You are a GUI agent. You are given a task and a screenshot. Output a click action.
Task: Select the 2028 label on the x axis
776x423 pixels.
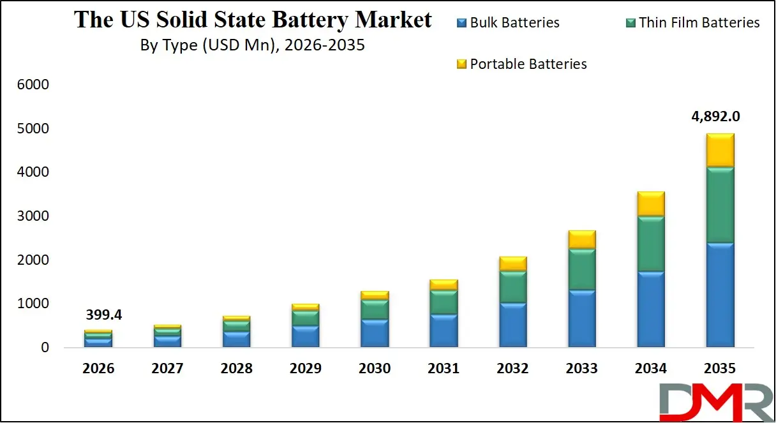(x=236, y=369)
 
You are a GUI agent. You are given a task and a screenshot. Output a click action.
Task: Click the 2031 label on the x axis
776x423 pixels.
(x=444, y=369)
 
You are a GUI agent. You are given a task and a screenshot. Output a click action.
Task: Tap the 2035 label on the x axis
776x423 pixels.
(x=719, y=369)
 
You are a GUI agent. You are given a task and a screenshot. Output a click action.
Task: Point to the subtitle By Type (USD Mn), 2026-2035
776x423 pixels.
(x=252, y=46)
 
